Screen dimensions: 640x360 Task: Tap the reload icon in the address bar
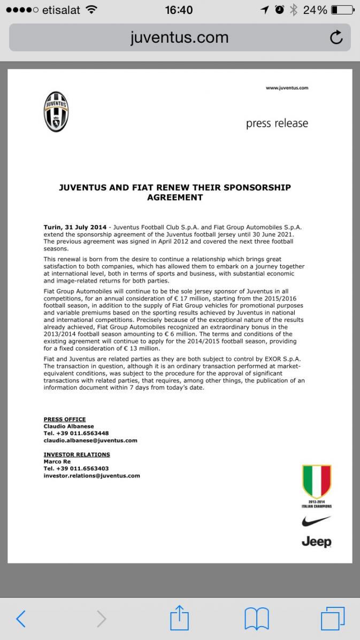336,37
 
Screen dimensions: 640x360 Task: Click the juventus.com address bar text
179,37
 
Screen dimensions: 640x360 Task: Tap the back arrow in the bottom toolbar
21,619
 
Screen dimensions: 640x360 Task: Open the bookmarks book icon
256,619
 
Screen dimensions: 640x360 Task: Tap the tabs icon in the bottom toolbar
332,619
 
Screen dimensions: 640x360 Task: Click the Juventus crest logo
56,112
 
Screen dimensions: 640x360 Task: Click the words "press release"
277,124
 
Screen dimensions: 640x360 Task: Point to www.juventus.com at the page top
287,88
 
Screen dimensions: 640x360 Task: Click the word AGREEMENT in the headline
175,197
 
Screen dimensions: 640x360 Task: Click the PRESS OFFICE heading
65,419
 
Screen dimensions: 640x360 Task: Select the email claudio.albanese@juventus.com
90,441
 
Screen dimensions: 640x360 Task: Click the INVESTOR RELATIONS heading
76,454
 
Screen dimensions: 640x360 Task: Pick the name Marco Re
57,461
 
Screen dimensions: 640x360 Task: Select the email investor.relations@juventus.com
91,475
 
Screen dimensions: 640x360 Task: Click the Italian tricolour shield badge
317,481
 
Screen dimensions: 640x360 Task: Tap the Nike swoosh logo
316,520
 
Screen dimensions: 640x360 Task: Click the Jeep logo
316,542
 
